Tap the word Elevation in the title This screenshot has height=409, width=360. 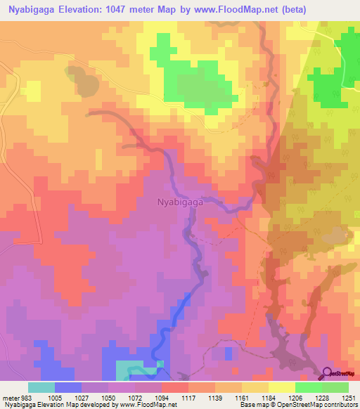tap(96, 9)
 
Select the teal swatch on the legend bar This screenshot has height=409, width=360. tap(41, 387)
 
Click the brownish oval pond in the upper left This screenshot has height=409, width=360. tap(82, 81)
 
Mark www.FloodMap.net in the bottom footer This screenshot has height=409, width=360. tap(147, 405)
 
